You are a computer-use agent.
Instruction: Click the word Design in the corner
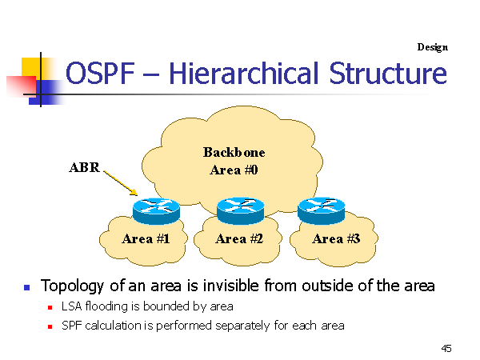click(432, 47)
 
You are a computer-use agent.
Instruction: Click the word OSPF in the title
click(100, 73)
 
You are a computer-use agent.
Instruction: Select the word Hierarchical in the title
click(244, 73)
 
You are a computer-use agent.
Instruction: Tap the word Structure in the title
click(388, 73)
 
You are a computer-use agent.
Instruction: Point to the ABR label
click(85, 167)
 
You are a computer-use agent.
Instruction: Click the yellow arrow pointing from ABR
click(121, 182)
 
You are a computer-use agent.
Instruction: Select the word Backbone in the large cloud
click(234, 152)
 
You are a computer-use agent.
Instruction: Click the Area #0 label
click(234, 170)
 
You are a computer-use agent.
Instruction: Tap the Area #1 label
click(146, 238)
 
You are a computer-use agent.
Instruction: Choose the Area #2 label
click(239, 238)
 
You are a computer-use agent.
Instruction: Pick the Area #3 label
click(336, 238)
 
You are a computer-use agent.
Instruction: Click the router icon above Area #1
click(156, 211)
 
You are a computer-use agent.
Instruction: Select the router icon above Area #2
click(240, 211)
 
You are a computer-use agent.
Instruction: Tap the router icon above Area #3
click(321, 211)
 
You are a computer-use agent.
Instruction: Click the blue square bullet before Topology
click(27, 287)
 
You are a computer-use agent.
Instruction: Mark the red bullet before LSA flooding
click(50, 308)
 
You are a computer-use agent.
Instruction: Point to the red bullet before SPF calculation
click(50, 327)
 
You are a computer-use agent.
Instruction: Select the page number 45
click(446, 348)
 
